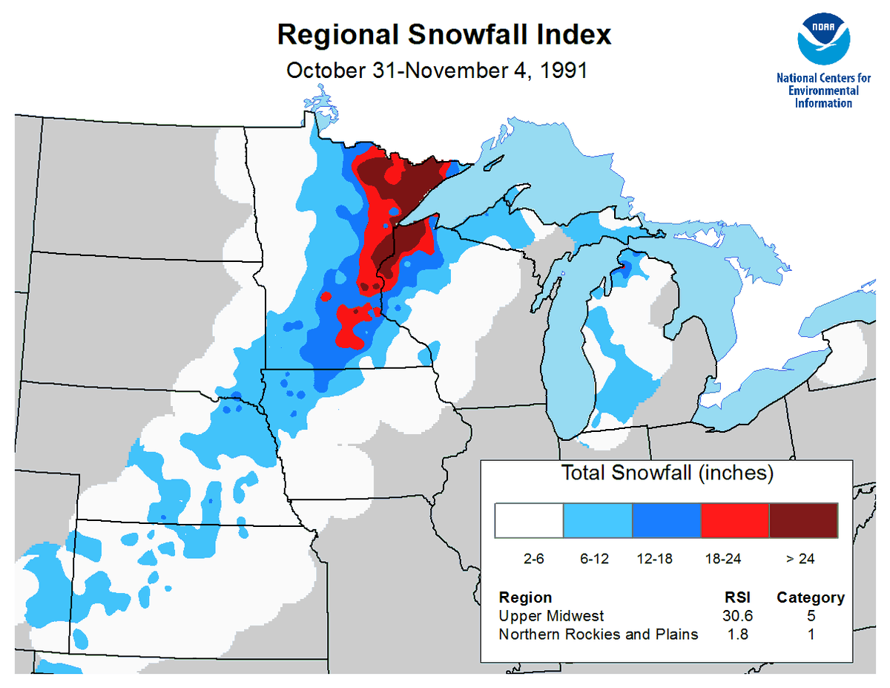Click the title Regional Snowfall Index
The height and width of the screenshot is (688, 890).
[444, 34]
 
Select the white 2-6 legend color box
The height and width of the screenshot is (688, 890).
[529, 520]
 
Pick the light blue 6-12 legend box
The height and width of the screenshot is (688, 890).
[597, 520]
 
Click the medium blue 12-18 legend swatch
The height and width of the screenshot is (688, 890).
[666, 520]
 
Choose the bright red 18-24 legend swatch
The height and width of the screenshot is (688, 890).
[734, 520]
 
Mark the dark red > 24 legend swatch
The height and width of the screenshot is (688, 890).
[803, 520]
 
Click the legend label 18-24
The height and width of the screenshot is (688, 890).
[722, 559]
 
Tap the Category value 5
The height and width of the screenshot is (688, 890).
[810, 616]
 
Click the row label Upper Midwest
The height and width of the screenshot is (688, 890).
[551, 616]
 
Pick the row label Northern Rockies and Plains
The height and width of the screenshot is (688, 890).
[598, 634]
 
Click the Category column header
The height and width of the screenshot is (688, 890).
[810, 597]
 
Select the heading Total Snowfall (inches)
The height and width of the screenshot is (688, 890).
[667, 473]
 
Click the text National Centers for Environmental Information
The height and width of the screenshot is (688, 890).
[823, 90]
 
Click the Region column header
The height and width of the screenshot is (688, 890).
[525, 597]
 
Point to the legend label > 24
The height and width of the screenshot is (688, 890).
[800, 559]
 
